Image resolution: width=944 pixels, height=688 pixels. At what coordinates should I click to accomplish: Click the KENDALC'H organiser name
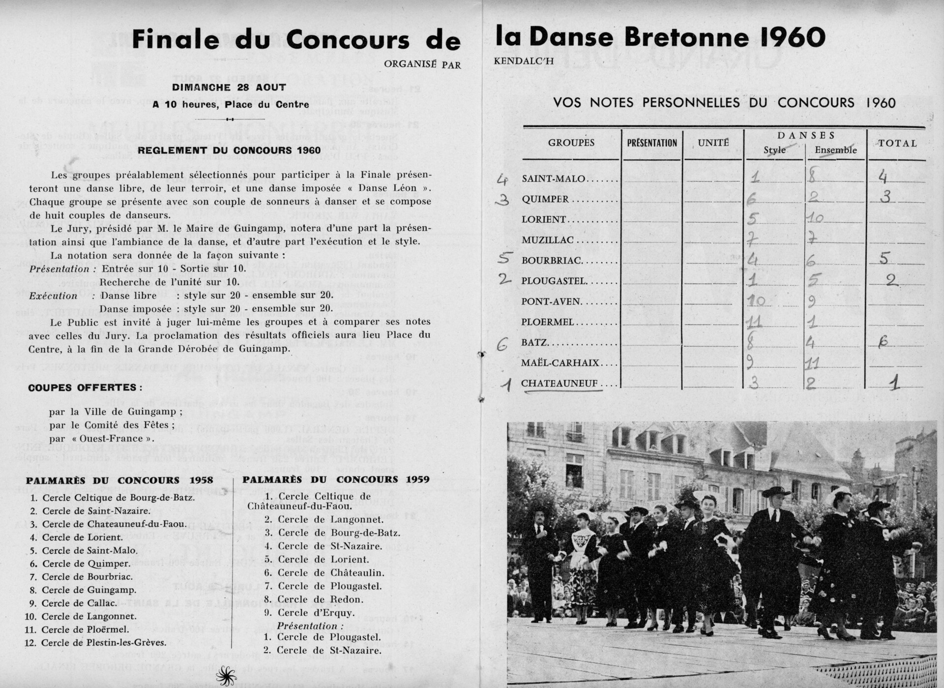click(x=524, y=61)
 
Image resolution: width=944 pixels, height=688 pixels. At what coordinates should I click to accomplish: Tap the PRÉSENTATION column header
click(x=652, y=143)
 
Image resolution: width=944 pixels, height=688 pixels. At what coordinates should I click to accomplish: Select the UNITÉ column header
click(x=713, y=143)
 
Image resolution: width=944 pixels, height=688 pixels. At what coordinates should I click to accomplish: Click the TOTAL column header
click(x=897, y=143)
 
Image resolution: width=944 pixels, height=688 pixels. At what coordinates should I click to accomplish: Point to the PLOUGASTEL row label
click(x=554, y=281)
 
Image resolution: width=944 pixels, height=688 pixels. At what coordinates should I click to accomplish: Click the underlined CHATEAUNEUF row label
click(x=560, y=384)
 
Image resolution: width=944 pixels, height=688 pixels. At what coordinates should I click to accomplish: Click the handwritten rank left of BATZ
click(x=501, y=344)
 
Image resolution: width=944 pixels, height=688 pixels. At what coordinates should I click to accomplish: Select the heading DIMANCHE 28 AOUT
click(x=229, y=88)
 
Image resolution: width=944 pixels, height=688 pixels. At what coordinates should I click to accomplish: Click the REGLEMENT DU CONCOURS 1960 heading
click(x=229, y=150)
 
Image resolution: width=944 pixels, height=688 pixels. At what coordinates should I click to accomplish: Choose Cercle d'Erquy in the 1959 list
click(x=316, y=613)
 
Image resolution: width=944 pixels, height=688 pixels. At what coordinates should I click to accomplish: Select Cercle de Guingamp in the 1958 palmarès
click(x=89, y=590)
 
